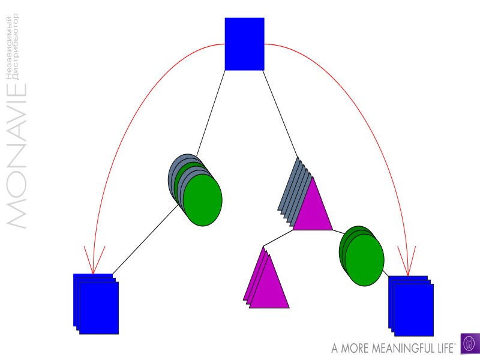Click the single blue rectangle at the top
pyautogui.click(x=244, y=44)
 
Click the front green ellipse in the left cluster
pyautogui.click(x=203, y=200)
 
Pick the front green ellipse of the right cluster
pyautogui.click(x=364, y=260)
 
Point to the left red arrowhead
pyautogui.click(x=94, y=259)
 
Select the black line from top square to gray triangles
pyautogui.click(x=280, y=111)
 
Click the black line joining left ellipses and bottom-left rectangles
pyautogui.click(x=144, y=240)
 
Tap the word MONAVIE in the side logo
pyautogui.click(x=17, y=156)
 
